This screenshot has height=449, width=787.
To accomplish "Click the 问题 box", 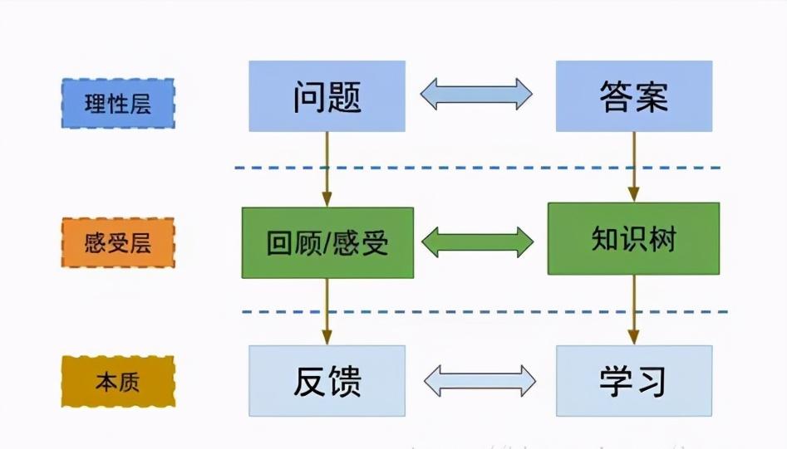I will (327, 96).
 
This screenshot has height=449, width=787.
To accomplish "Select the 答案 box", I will (633, 96).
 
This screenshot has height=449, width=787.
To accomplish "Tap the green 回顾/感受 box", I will (327, 242).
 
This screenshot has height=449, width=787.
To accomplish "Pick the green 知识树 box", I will (633, 239).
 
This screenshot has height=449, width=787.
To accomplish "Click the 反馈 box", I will (327, 381).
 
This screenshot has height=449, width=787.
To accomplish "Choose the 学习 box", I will (633, 381).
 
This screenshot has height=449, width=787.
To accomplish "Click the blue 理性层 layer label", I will (118, 104).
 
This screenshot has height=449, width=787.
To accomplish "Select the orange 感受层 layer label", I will (118, 243).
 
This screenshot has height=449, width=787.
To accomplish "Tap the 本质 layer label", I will (118, 383).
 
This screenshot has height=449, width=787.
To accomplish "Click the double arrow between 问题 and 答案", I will (476, 94).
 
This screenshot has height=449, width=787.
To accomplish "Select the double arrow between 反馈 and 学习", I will (480, 381).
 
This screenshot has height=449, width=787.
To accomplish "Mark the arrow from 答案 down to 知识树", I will (633, 166).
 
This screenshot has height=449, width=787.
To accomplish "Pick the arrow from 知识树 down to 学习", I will (633, 310).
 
